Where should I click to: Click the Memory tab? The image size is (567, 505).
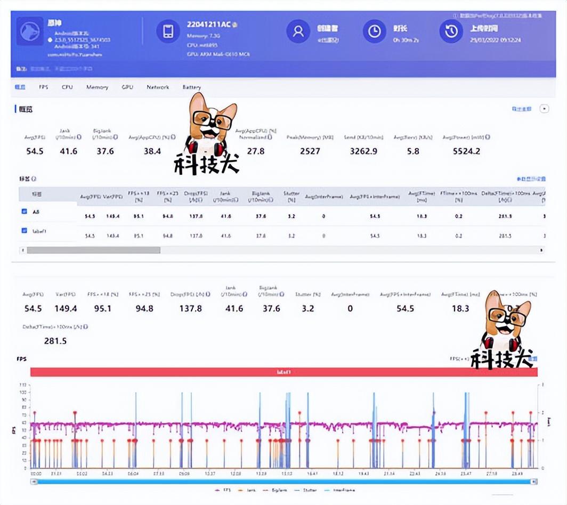pos(97,87)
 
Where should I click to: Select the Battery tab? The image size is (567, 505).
pos(192,87)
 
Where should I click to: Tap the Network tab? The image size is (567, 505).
pos(158,87)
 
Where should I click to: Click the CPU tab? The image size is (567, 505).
pos(67,87)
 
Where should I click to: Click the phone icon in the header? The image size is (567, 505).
pos(168,31)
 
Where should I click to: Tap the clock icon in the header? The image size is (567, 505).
pos(375,31)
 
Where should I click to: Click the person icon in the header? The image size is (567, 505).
pos(298,31)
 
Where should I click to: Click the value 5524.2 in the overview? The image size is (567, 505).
pos(466,151)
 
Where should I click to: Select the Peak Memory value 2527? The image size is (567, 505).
pos(310,151)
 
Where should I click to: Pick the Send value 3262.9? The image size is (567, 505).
pos(363,151)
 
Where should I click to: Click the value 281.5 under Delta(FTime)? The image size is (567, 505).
pos(55,341)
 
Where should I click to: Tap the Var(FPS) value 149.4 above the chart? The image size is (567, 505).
pos(66,308)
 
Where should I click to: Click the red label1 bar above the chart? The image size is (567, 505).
pos(283,372)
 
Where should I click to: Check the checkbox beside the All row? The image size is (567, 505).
pos(24,211)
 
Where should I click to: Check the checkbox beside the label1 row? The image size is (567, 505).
pos(24,231)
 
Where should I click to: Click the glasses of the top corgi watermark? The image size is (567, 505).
pos(213,120)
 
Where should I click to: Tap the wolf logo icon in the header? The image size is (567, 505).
pos(30,32)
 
